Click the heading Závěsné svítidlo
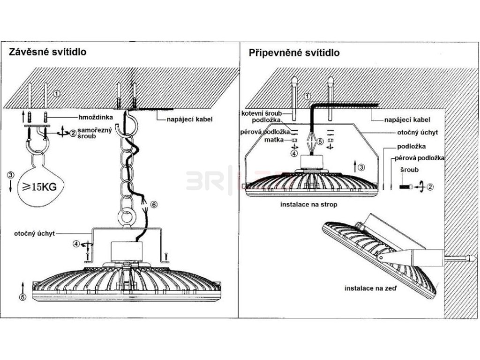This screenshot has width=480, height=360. point(47,52)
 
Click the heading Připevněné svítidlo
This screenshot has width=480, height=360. point(294,52)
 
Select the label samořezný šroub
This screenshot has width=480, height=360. point(94,134)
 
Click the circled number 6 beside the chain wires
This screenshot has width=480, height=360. point(154,204)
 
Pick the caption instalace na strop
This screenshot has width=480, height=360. point(308,205)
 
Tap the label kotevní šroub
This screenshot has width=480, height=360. point(262,113)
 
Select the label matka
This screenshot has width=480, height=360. point(272,140)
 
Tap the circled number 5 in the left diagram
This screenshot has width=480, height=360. point(22,296)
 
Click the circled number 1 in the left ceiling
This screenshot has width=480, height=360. point(57,93)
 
